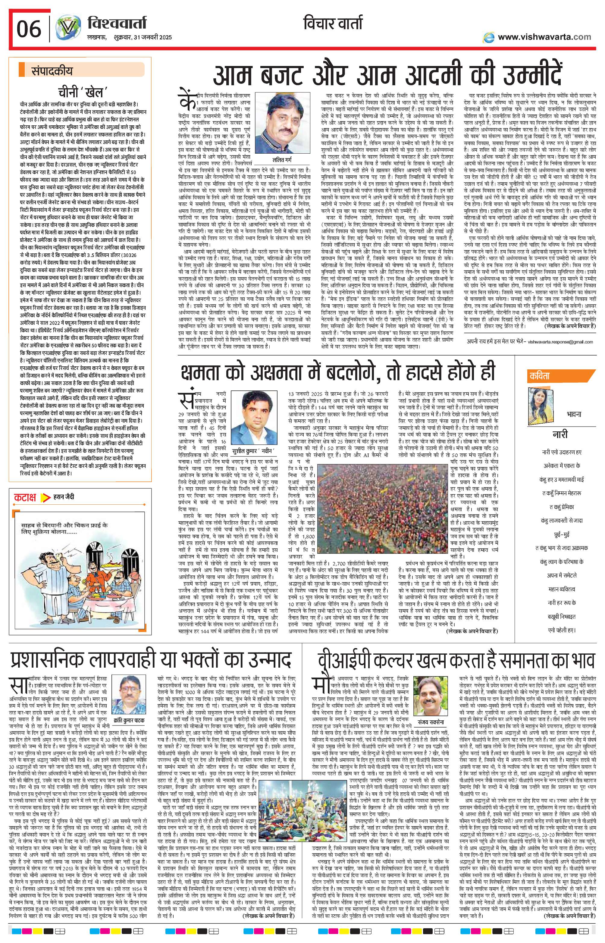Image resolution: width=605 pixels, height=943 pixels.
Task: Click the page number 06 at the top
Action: click(x=29, y=28)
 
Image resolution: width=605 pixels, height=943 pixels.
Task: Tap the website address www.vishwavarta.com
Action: click(x=544, y=37)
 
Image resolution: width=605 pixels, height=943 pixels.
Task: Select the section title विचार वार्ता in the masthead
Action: click(x=333, y=24)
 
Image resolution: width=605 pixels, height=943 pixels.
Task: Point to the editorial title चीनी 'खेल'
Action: click(x=80, y=93)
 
